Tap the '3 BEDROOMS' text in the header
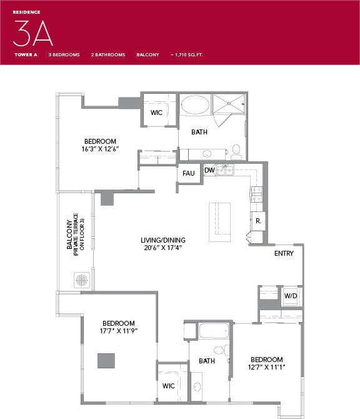click(x=64, y=55)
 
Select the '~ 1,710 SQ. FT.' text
click(x=186, y=55)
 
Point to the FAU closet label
click(x=188, y=173)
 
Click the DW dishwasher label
click(x=209, y=170)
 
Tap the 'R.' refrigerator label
click(x=257, y=221)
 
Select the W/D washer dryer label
click(x=290, y=295)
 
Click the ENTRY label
click(x=284, y=253)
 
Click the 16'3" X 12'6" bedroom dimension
click(x=101, y=149)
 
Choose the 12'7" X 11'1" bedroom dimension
click(x=267, y=368)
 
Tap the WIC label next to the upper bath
click(x=157, y=113)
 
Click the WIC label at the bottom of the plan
click(x=168, y=386)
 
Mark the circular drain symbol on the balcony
click(x=82, y=279)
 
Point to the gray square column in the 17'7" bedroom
click(x=106, y=361)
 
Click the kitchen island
click(x=219, y=222)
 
